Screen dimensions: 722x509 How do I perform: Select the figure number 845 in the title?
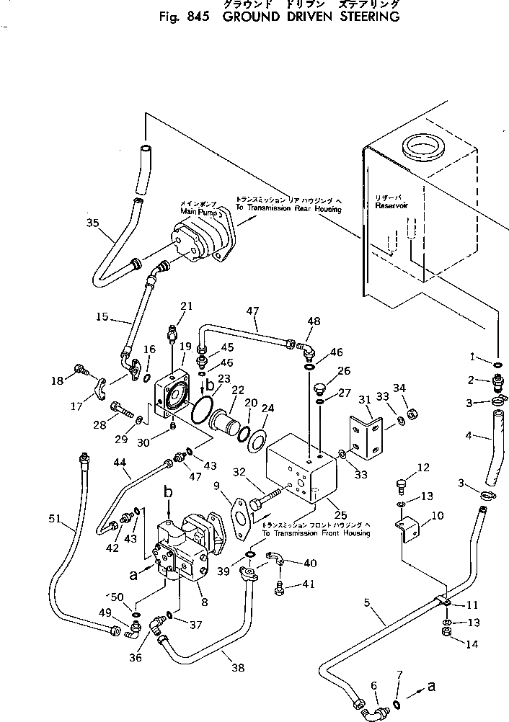tap(195, 17)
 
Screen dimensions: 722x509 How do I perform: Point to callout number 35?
tap(92, 223)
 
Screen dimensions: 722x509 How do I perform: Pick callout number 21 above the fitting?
tap(186, 306)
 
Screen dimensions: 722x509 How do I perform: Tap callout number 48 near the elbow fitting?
tap(314, 322)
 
